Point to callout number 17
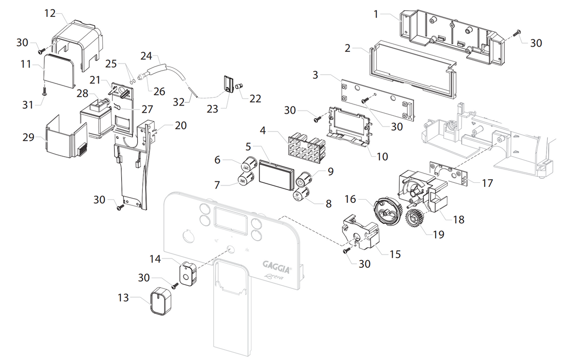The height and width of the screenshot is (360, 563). (488, 182)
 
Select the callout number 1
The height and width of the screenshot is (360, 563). (376, 14)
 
